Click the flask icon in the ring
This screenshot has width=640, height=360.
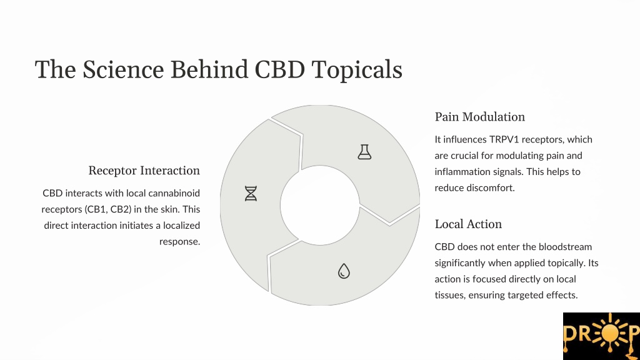[x=364, y=152]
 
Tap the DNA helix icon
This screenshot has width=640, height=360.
[x=251, y=194]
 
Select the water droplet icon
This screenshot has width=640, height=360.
[x=344, y=271]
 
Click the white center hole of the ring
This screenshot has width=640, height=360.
[x=320, y=205]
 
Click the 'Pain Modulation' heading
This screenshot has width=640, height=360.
[x=479, y=117]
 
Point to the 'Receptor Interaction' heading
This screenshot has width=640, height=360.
[x=144, y=171]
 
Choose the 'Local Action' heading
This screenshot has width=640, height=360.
[x=468, y=224]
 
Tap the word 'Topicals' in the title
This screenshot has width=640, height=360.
[x=357, y=70]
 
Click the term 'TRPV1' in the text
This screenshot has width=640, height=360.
[x=504, y=139]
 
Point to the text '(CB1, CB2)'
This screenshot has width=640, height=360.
[x=108, y=209]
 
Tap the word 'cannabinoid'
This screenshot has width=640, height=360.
[x=174, y=193]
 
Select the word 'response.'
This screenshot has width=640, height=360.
[x=179, y=242]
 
